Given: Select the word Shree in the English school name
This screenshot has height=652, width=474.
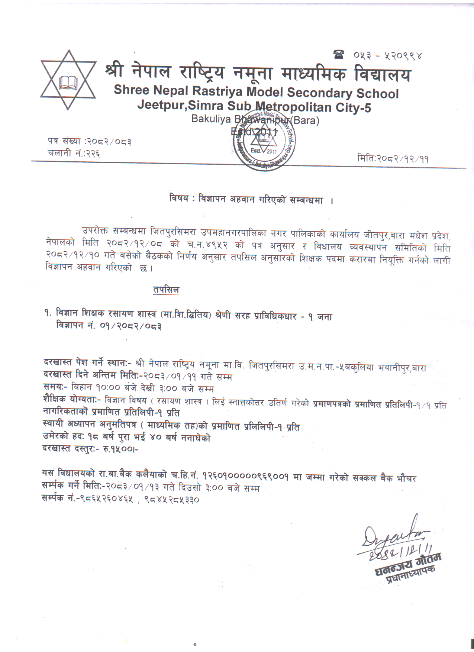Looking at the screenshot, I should tap(131, 90).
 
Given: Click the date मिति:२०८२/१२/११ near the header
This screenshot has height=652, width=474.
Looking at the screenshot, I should tap(393, 159).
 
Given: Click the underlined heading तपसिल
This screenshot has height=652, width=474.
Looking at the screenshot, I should tap(166, 290).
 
